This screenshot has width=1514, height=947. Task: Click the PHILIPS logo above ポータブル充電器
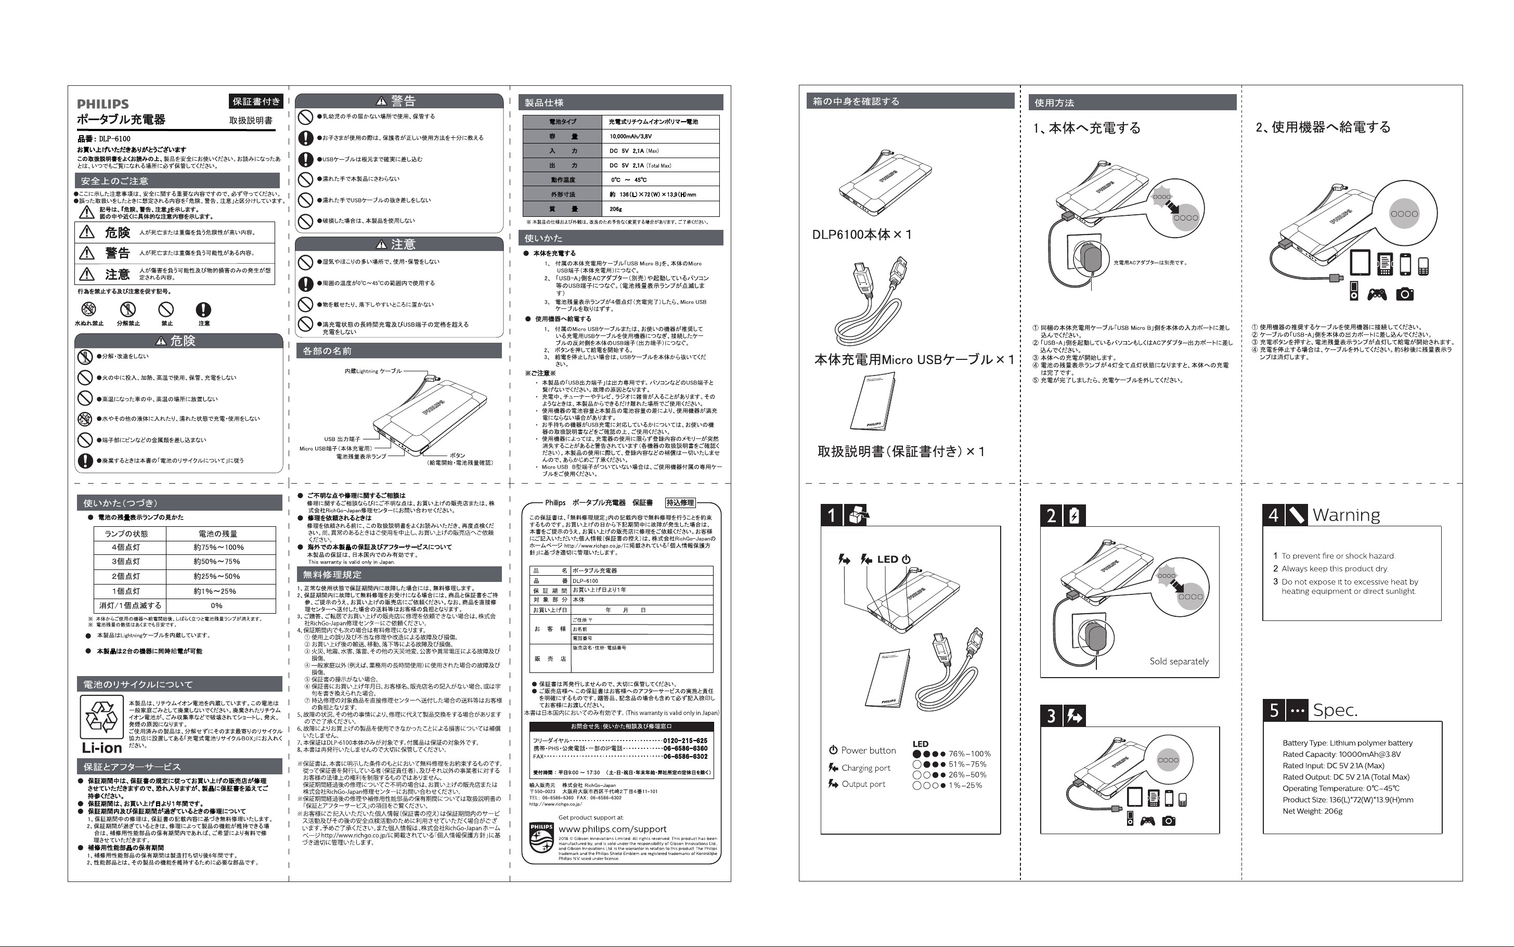pyautogui.click(x=103, y=104)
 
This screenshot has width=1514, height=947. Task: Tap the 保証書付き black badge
pyautogui.click(x=256, y=101)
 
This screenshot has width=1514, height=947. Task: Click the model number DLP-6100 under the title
pyautogui.click(x=114, y=138)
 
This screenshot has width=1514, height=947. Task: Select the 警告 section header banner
pyautogui.click(x=399, y=101)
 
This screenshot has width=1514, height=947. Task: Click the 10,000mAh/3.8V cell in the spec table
pyautogui.click(x=630, y=136)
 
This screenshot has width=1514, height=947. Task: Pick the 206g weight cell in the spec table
pyautogui.click(x=616, y=209)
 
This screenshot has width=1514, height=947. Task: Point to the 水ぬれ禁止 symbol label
pyautogui.click(x=89, y=323)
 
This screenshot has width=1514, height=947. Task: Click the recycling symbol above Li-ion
pyautogui.click(x=101, y=717)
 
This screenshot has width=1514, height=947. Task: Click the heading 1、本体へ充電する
pyautogui.click(x=1086, y=128)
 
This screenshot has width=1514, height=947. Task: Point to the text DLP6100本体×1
pyautogui.click(x=862, y=235)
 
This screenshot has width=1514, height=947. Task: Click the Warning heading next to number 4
pyautogui.click(x=1346, y=515)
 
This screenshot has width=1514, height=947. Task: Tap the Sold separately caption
pyautogui.click(x=1178, y=661)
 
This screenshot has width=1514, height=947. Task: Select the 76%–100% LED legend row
pyautogui.click(x=951, y=754)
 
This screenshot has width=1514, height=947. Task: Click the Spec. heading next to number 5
pyautogui.click(x=1335, y=710)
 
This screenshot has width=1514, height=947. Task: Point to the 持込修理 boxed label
pyautogui.click(x=680, y=502)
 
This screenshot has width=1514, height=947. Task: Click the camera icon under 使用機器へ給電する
pyautogui.click(x=1404, y=294)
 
